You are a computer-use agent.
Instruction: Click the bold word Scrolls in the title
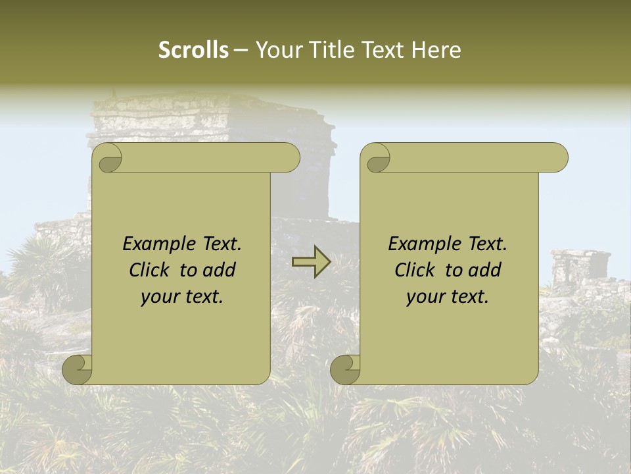point(193,50)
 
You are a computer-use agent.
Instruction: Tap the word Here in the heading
point(436,50)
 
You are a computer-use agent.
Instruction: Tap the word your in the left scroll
point(159,297)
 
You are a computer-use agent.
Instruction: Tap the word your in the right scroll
point(425,297)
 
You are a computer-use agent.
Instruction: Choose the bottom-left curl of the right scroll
point(346,369)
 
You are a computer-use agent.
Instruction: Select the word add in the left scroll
point(219,270)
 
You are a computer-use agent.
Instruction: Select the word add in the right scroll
point(484,270)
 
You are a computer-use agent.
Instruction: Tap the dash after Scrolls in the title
point(241,51)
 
